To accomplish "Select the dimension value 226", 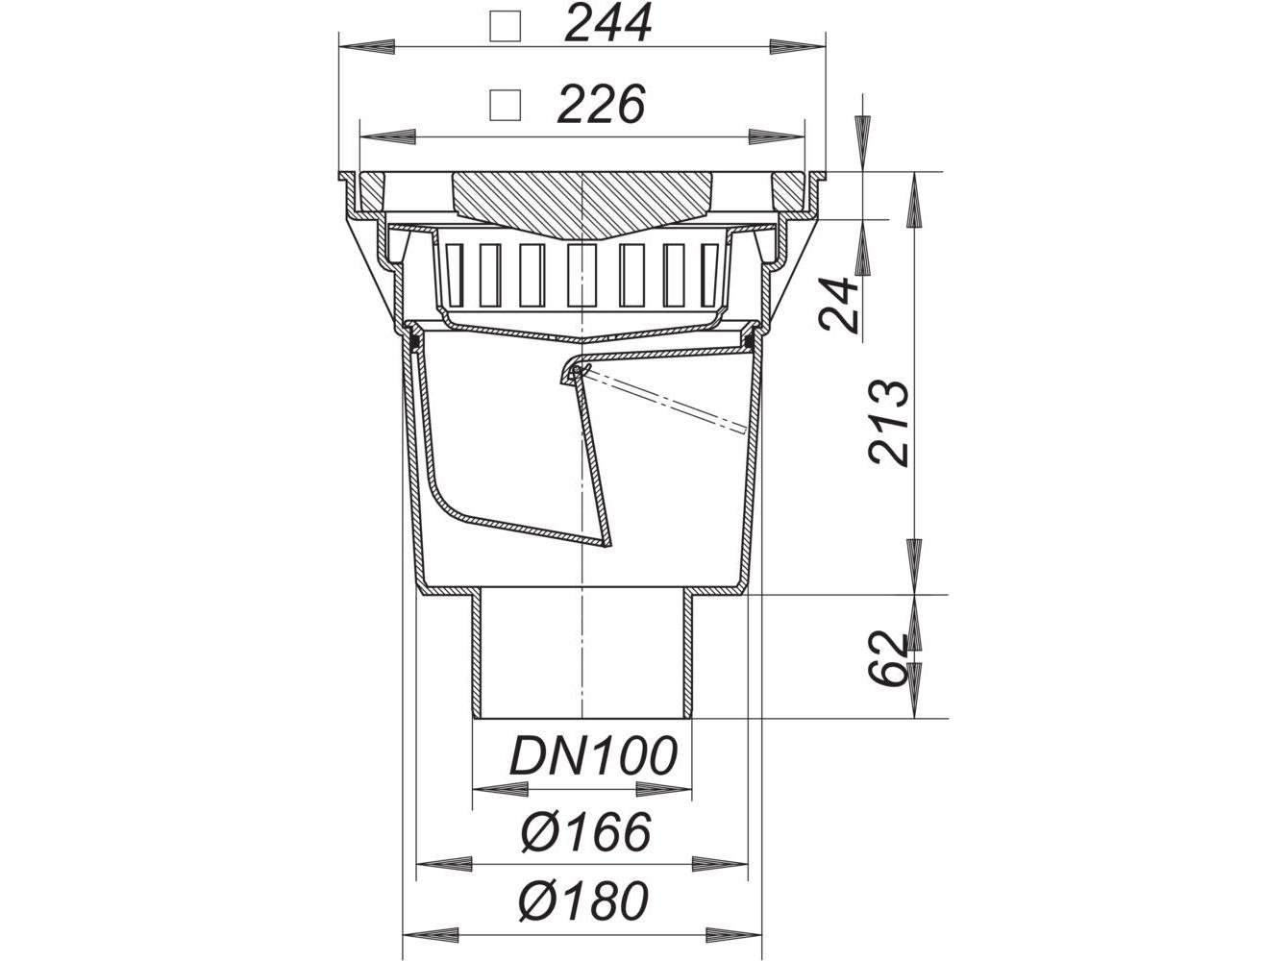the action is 602,105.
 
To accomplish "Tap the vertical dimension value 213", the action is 889,423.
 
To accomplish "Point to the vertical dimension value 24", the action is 839,304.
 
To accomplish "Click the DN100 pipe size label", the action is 594,755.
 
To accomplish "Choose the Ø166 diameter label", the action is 586,831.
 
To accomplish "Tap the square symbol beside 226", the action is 506,106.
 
